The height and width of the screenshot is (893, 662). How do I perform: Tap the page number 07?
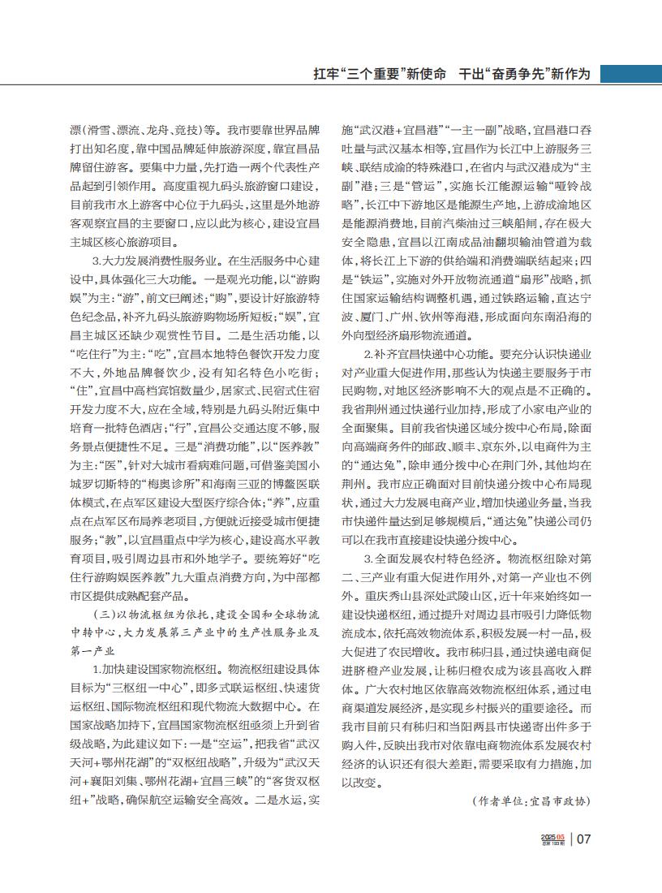coord(586,839)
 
